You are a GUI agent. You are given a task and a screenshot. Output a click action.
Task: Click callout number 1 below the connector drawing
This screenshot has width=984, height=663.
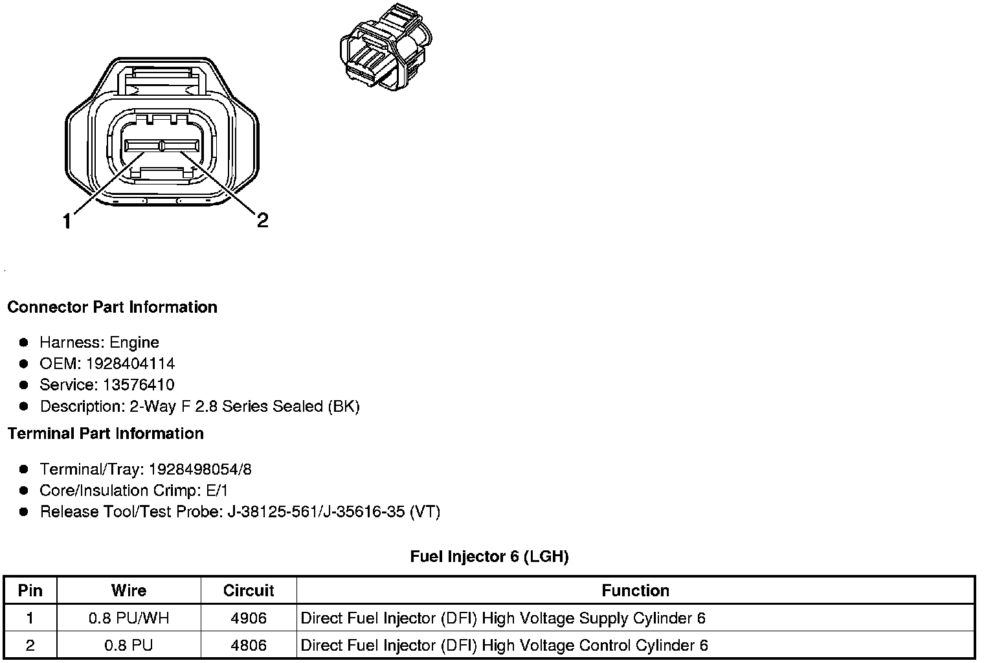(67, 222)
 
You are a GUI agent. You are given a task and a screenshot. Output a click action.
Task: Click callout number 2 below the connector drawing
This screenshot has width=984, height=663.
(262, 221)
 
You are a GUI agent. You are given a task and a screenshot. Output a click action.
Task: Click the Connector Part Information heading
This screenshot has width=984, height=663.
(112, 307)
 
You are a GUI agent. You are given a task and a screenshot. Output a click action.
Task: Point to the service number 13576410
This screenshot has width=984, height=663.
(138, 385)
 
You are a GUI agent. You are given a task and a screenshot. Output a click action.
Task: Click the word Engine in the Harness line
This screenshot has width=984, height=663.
(134, 343)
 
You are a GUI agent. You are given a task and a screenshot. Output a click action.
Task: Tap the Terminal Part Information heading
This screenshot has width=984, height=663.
(106, 433)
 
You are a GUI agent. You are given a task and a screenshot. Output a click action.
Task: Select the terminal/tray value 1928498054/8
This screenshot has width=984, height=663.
(200, 469)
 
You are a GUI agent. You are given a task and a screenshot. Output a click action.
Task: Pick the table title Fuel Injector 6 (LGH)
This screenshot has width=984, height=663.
(489, 557)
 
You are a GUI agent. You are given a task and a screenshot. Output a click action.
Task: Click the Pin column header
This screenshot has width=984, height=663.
(30, 590)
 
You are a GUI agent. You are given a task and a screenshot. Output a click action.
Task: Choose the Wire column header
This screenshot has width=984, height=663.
(129, 590)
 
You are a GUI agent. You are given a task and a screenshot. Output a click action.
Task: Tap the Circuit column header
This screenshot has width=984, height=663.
(249, 590)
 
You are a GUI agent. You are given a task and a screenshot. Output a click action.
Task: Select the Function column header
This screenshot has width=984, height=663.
(635, 590)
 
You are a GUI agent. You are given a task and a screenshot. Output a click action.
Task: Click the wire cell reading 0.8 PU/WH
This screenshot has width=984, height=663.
(129, 618)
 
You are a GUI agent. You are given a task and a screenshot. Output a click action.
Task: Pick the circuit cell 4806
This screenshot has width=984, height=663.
(249, 646)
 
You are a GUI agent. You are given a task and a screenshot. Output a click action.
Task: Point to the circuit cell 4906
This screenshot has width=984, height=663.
(249, 618)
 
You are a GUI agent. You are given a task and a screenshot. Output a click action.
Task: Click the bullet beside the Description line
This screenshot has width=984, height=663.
(24, 407)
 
